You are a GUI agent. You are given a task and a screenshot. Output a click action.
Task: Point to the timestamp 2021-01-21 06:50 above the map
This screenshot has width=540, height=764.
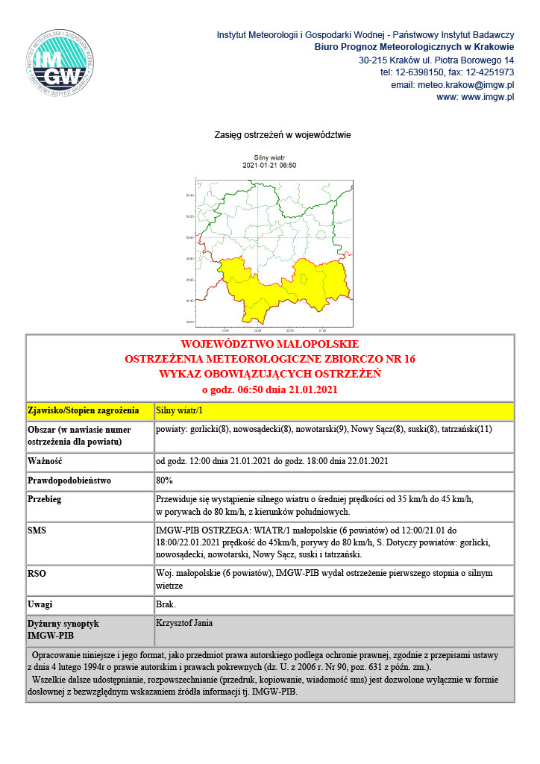(x=269, y=166)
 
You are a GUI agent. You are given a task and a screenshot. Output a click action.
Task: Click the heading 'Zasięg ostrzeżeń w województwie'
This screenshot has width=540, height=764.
(x=271, y=135)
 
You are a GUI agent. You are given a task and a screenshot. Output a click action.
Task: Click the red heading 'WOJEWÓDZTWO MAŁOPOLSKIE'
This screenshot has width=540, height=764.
(x=270, y=345)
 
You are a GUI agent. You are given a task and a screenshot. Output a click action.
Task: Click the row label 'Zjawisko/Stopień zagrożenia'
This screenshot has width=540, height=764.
(x=84, y=411)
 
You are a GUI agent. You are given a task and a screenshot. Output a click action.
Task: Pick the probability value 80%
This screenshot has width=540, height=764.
(x=164, y=480)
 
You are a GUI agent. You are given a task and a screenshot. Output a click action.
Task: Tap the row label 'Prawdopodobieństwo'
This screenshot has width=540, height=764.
(x=69, y=480)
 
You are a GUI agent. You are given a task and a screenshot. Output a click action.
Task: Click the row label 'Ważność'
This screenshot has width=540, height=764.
(x=44, y=461)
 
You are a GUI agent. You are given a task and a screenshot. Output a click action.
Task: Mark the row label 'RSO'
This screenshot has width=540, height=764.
(x=37, y=574)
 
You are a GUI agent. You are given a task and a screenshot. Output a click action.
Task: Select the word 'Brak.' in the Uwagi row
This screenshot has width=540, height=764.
(x=166, y=604)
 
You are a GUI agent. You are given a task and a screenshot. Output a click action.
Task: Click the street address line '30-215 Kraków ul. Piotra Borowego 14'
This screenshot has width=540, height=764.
(x=436, y=60)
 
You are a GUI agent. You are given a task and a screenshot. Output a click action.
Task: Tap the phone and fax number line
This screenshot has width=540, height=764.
(x=447, y=72)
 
